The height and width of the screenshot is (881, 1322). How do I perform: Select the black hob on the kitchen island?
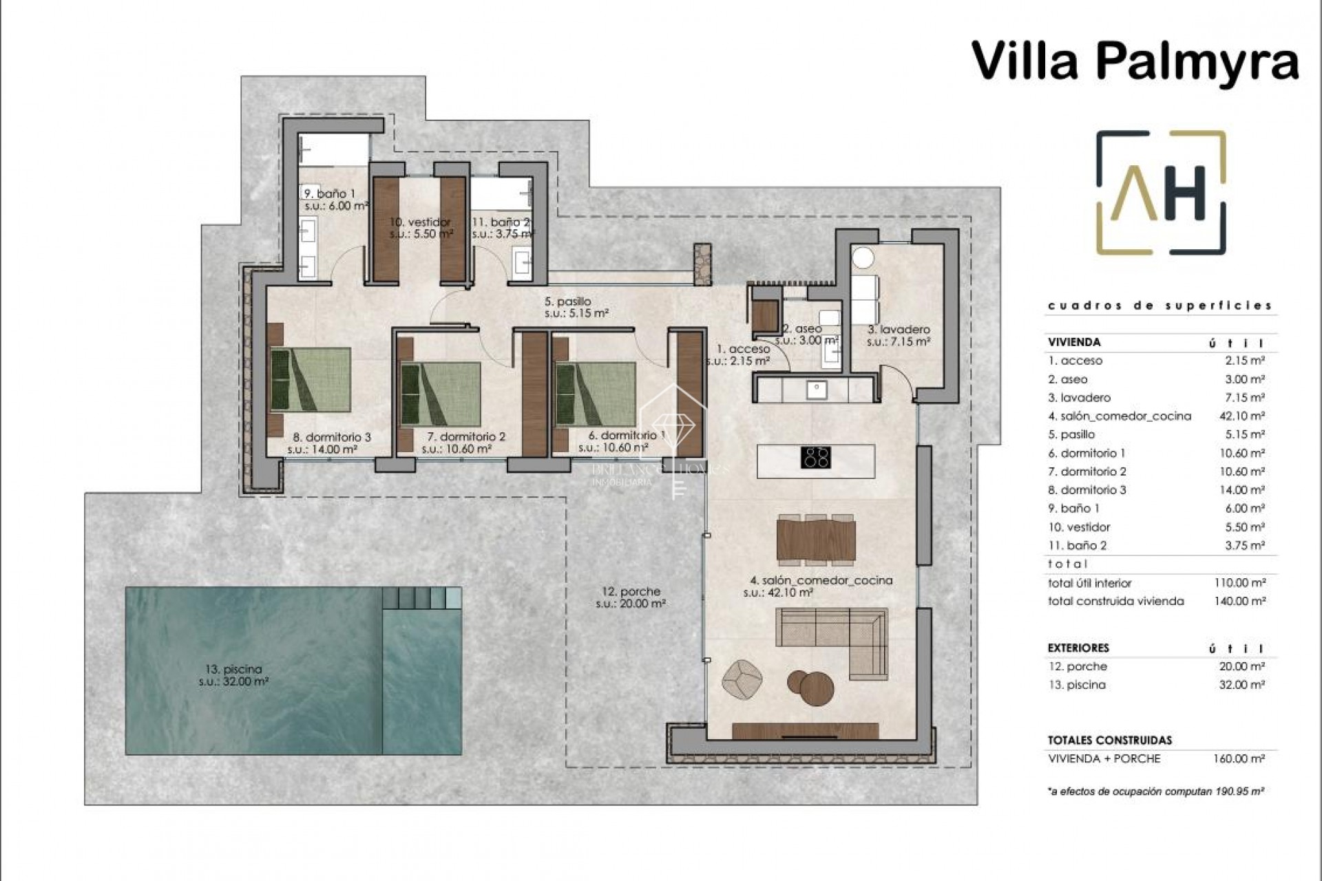click(817, 457)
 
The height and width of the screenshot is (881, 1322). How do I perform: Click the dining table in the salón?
click(816, 539)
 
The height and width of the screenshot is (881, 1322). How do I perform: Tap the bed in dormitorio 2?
click(440, 393)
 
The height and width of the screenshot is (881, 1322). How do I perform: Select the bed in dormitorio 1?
click(596, 393)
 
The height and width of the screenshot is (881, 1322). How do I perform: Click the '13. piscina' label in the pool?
click(233, 669)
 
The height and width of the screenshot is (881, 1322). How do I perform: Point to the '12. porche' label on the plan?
click(630, 591)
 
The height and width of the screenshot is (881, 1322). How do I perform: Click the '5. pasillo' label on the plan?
click(567, 301)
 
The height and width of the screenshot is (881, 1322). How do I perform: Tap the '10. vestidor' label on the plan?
click(420, 222)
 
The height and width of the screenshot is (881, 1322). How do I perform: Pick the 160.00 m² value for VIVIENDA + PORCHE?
click(1239, 758)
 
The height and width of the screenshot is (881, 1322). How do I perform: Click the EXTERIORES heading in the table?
click(1078, 648)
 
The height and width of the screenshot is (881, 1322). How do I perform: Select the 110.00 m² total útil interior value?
click(1239, 582)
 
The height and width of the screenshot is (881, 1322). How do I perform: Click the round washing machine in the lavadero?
click(863, 258)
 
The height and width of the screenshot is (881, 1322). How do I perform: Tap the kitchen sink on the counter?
click(817, 389)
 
